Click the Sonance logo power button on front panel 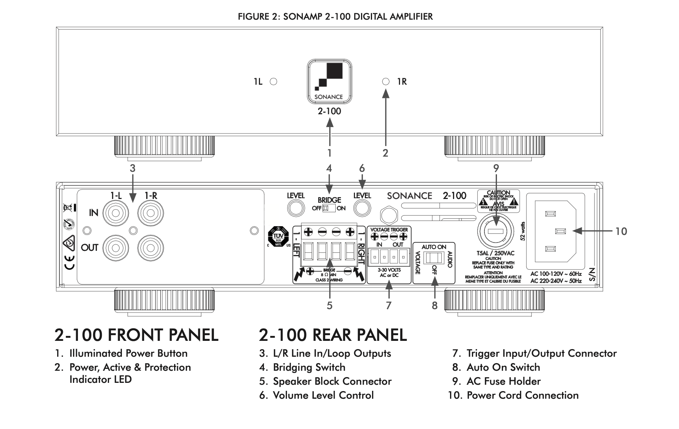tap(329, 81)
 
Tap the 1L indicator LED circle tap(273, 81)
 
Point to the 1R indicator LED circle tap(386, 81)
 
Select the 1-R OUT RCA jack tap(150, 248)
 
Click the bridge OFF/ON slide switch tap(329, 208)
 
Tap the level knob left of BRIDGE tap(296, 208)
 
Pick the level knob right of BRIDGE tap(362, 208)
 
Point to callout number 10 tap(621, 231)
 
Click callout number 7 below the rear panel tap(388, 305)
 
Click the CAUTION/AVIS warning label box tap(498, 201)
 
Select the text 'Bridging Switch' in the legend tap(309, 367)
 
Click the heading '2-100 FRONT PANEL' tap(136, 335)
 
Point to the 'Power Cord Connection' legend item tap(522, 395)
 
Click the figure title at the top tap(335, 17)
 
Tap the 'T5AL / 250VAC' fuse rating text tap(495, 253)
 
